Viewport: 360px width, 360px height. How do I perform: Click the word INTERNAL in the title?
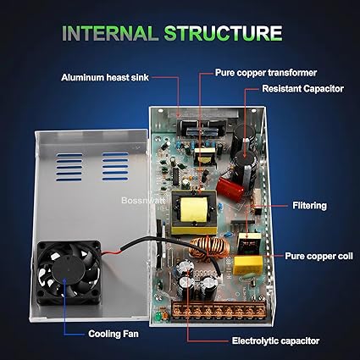pos(110,33)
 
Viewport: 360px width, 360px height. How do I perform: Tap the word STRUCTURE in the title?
pos(223,33)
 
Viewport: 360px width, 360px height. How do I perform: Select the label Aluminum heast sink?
pos(105,77)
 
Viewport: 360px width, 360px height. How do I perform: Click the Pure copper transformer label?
pos(266,73)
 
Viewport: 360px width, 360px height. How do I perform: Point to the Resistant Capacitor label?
pos(302,89)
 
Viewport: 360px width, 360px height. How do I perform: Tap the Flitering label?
pos(309,206)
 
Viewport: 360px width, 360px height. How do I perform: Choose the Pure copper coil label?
pos(318,256)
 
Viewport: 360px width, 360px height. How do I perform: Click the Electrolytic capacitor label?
pos(275,341)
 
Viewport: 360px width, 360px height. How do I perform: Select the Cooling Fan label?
pos(114,334)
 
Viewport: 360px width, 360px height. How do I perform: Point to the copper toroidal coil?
pos(209,248)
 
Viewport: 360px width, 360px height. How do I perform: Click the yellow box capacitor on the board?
pos(247,265)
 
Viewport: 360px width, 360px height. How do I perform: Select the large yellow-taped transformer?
pos(194,213)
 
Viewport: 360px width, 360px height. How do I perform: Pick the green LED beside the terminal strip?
pos(158,316)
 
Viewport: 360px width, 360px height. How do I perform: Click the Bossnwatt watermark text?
pos(142,201)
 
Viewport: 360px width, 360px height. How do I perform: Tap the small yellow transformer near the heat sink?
pos(205,157)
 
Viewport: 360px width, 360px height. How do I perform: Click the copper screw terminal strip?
pos(219,311)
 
